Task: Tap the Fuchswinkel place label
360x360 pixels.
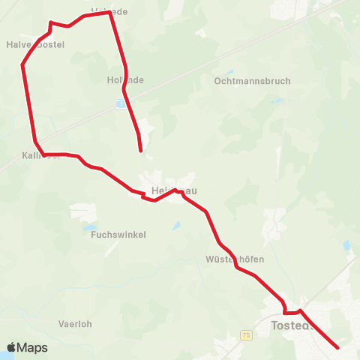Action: pos(118,235)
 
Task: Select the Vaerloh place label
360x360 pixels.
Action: pos(75,325)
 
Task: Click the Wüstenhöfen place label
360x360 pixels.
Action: pos(234,259)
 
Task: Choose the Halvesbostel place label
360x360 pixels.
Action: pos(35,45)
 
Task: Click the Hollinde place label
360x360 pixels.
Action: pos(125,79)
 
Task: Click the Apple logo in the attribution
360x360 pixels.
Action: pos(12,347)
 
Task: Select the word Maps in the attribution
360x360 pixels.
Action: pos(32,348)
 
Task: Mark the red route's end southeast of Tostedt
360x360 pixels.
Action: pos(337,347)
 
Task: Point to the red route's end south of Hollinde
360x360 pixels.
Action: pos(141,151)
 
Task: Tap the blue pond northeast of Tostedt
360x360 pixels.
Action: pos(346,245)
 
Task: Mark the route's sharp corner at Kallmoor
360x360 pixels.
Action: pos(43,154)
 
